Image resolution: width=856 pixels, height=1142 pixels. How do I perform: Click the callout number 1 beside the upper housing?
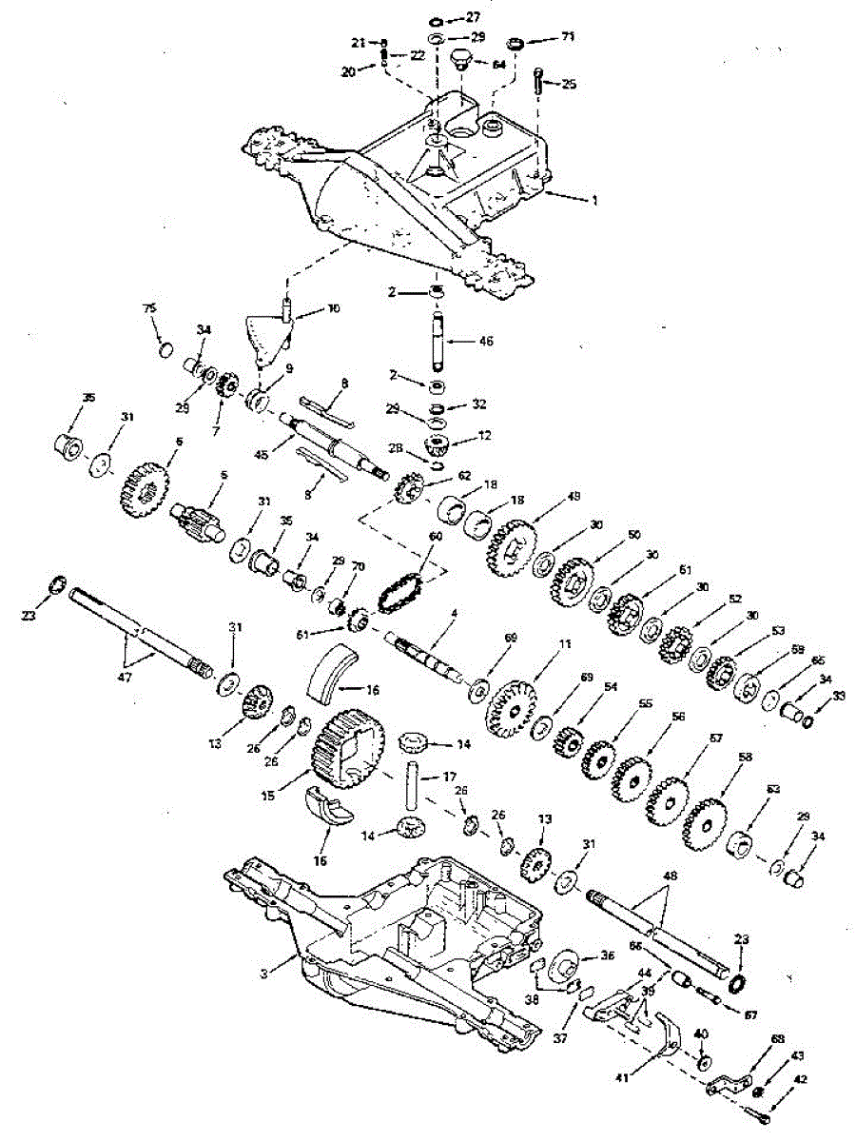click(x=595, y=201)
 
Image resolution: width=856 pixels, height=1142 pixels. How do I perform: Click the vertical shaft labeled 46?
click(x=438, y=342)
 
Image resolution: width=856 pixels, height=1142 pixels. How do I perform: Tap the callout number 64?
click(x=498, y=64)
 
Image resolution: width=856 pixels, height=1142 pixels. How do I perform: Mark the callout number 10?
click(x=306, y=309)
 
